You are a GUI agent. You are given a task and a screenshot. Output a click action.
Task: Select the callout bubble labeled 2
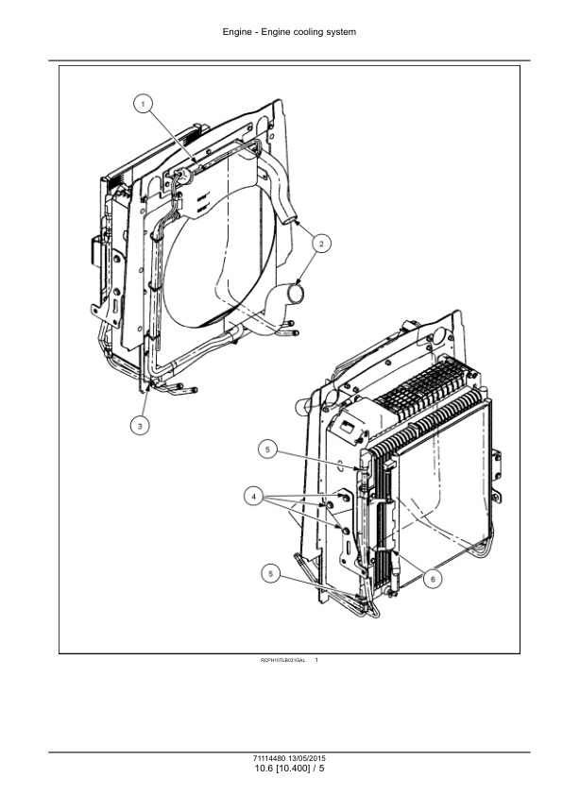click(x=321, y=244)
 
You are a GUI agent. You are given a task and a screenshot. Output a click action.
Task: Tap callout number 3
click(x=140, y=427)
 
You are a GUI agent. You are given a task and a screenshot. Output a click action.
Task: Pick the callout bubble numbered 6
click(x=434, y=576)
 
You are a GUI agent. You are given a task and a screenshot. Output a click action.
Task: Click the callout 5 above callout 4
click(x=269, y=451)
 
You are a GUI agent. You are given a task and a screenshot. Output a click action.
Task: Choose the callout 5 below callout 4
click(x=272, y=572)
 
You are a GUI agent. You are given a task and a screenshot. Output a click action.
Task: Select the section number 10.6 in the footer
click(x=264, y=770)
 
